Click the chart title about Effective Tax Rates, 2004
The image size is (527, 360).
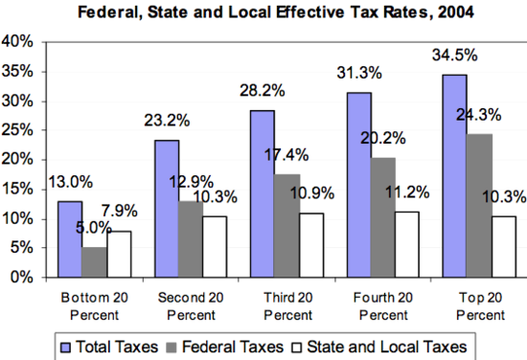263,12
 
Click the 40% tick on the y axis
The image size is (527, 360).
19,43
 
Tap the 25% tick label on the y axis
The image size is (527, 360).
19,131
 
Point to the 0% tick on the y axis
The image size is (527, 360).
23,278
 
